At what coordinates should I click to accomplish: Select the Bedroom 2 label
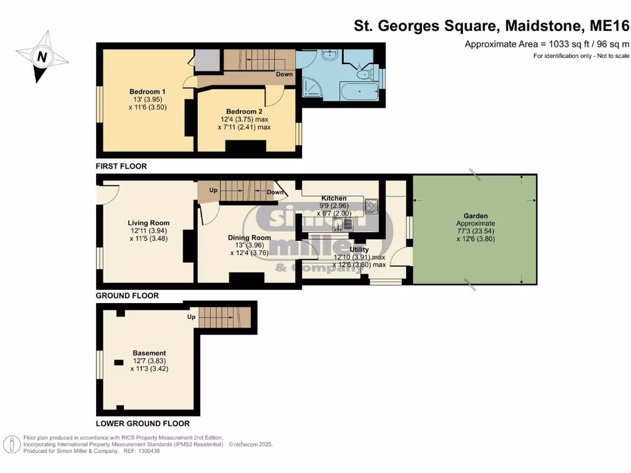pyautogui.click(x=243, y=111)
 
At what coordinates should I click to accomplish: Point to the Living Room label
pyautogui.click(x=149, y=223)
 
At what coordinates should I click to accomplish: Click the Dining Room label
pyautogui.click(x=249, y=238)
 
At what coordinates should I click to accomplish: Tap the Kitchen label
pyautogui.click(x=333, y=198)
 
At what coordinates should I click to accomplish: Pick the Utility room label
pyautogui.click(x=359, y=249)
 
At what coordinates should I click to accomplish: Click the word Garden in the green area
pyautogui.click(x=476, y=216)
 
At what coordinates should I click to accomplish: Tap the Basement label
pyautogui.click(x=149, y=354)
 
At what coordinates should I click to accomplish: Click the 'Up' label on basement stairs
pyautogui.click(x=192, y=317)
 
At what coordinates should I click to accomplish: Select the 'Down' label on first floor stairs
pyautogui.click(x=284, y=75)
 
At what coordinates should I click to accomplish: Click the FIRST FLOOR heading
pyautogui.click(x=121, y=166)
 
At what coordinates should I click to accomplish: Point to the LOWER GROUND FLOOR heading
pyautogui.click(x=142, y=424)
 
